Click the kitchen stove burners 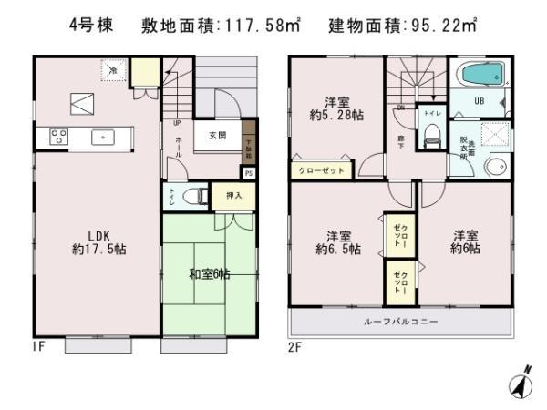tap(58, 138)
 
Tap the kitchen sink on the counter tap(102, 138)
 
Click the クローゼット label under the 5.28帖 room tap(319, 169)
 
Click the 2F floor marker tap(295, 347)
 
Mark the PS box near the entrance tap(248, 171)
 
